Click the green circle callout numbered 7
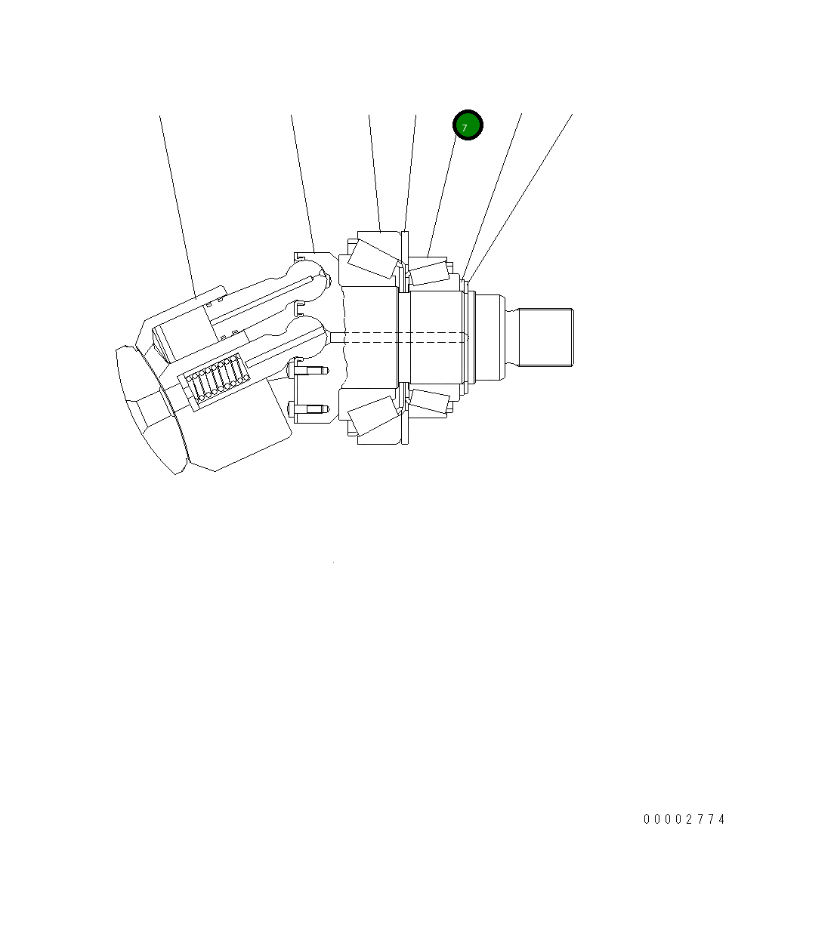click(468, 125)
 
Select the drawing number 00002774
click(684, 819)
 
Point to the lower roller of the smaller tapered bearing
click(428, 400)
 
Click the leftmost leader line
click(178, 204)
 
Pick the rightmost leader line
click(521, 193)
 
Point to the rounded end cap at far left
click(147, 411)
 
